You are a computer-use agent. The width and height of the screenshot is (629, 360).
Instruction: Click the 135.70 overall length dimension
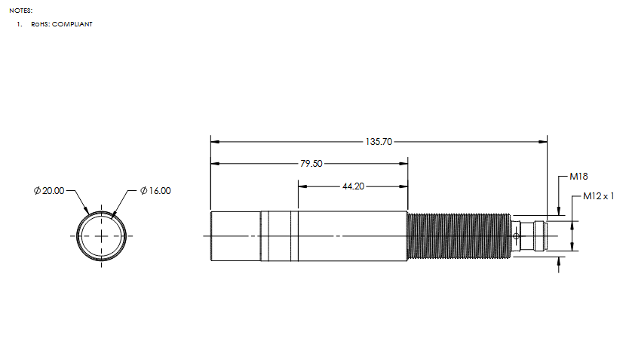[379, 142]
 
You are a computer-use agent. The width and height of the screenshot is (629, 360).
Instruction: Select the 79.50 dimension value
[311, 164]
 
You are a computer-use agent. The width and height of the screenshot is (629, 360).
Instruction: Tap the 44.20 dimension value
[354, 186]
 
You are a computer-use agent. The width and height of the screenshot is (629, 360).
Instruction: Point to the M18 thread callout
[579, 176]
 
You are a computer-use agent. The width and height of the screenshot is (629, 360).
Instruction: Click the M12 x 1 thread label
[599, 196]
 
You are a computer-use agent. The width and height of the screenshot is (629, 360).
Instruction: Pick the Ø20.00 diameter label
[49, 191]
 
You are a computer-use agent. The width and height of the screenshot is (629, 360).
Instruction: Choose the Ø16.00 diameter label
[155, 191]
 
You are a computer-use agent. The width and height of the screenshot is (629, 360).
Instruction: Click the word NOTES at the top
[21, 11]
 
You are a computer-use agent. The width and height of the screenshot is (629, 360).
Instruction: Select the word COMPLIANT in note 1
[72, 24]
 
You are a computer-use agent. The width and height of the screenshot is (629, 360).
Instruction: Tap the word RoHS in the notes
[40, 24]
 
